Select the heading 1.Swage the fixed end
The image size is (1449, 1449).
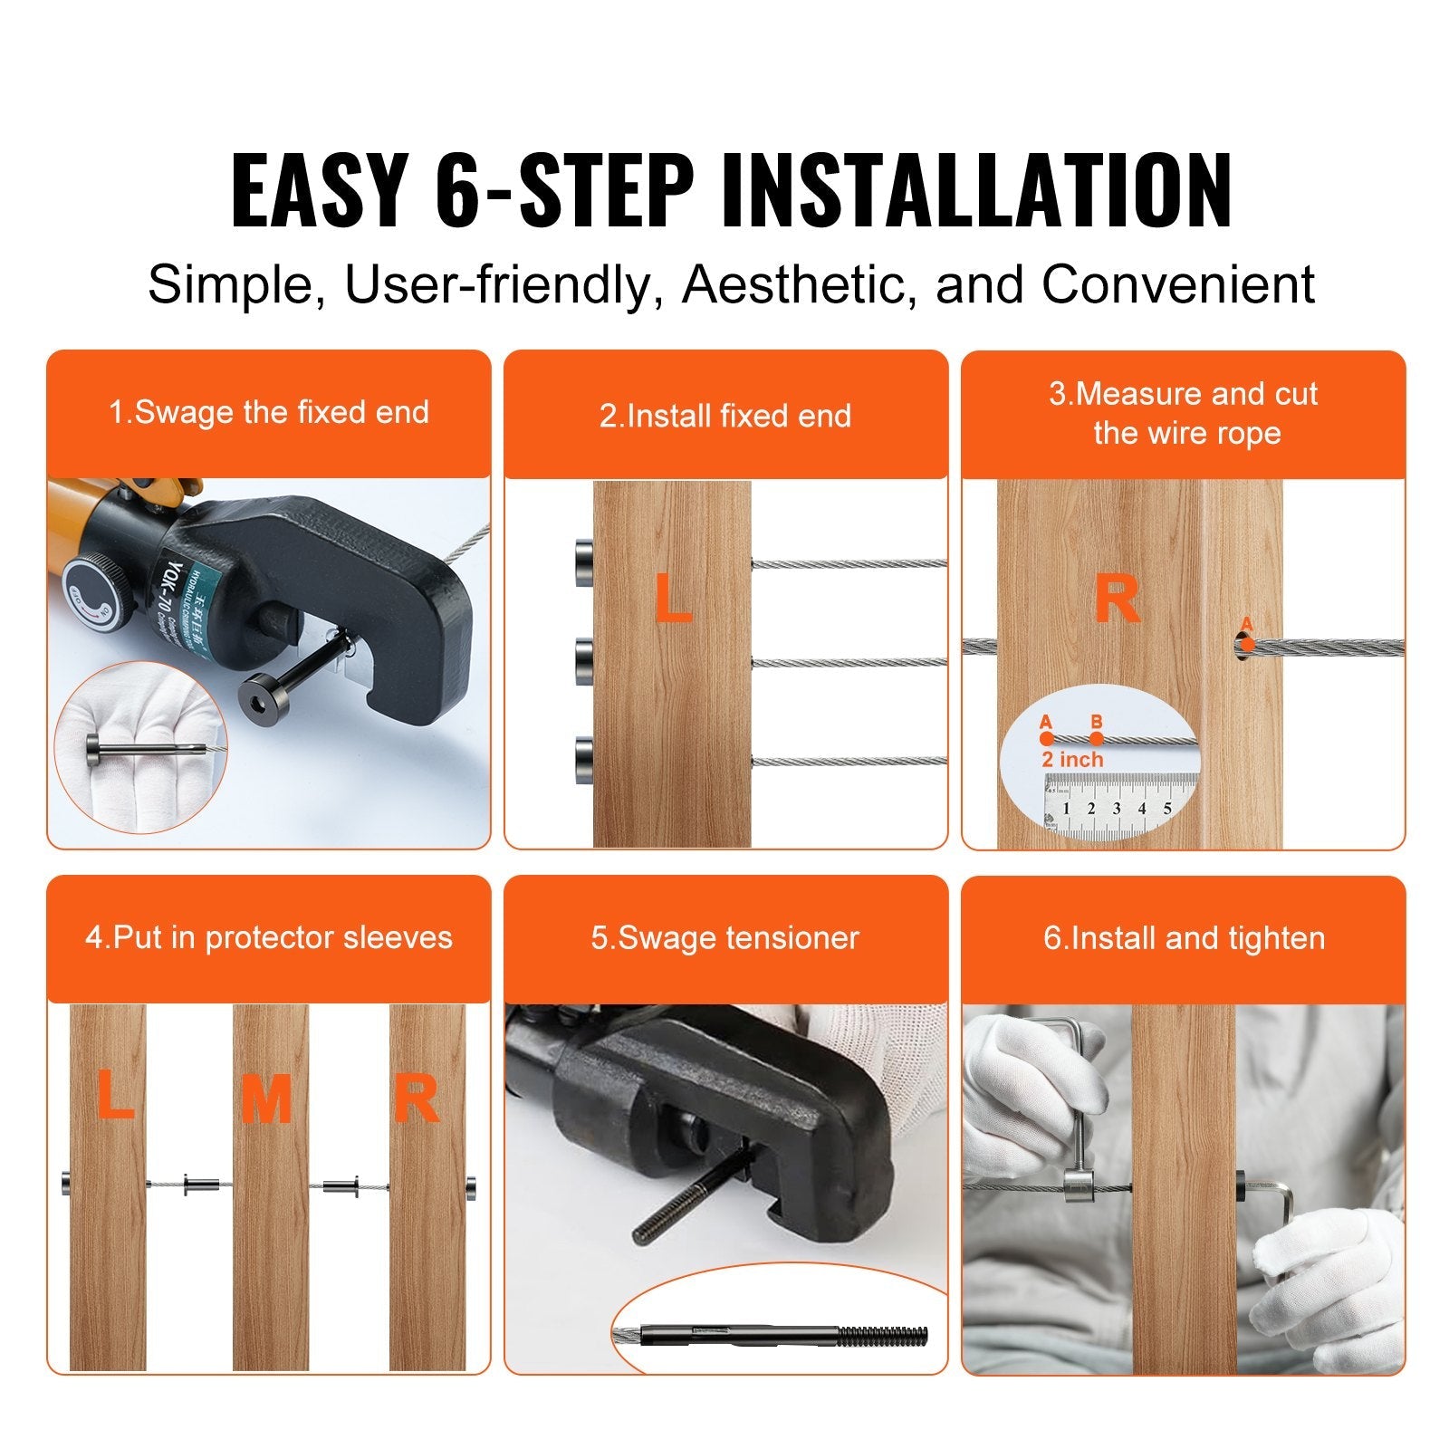(x=269, y=413)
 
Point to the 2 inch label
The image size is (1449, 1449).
(x=1072, y=760)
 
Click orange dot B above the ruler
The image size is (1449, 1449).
(x=1097, y=737)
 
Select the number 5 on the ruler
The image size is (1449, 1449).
(x=1167, y=809)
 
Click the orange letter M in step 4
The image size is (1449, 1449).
(x=266, y=1100)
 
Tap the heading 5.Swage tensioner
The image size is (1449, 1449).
(x=724, y=938)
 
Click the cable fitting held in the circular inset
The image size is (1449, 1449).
(x=145, y=750)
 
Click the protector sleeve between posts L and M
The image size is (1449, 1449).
(x=201, y=1184)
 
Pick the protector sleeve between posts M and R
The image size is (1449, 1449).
(x=341, y=1185)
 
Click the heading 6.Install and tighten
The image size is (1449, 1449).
(x=1184, y=938)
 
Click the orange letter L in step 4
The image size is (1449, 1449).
(x=114, y=1094)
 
